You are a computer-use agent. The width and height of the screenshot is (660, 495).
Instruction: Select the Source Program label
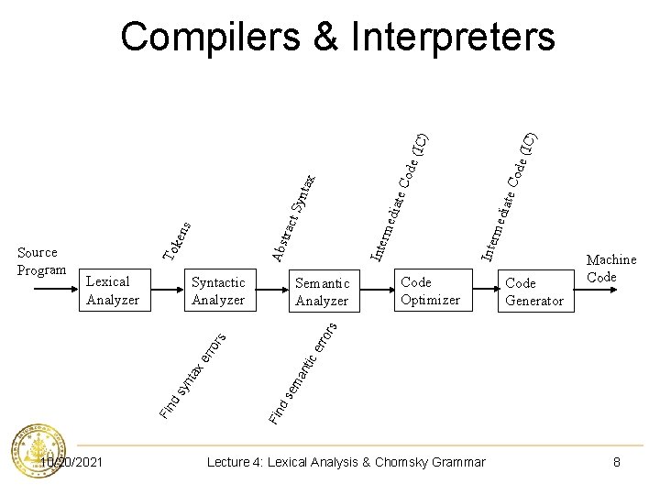point(40,261)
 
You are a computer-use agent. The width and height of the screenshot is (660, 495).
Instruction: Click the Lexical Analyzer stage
point(112,291)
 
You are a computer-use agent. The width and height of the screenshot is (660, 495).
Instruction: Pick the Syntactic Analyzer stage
point(218,291)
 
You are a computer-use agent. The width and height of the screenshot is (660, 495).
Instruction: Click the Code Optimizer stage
point(430,291)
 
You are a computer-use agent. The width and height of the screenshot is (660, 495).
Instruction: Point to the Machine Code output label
point(610,269)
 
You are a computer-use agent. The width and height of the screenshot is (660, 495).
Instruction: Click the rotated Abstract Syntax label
point(294,215)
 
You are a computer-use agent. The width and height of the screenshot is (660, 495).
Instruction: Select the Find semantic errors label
point(304,371)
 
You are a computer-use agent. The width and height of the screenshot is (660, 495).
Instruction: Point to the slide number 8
point(617,462)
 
